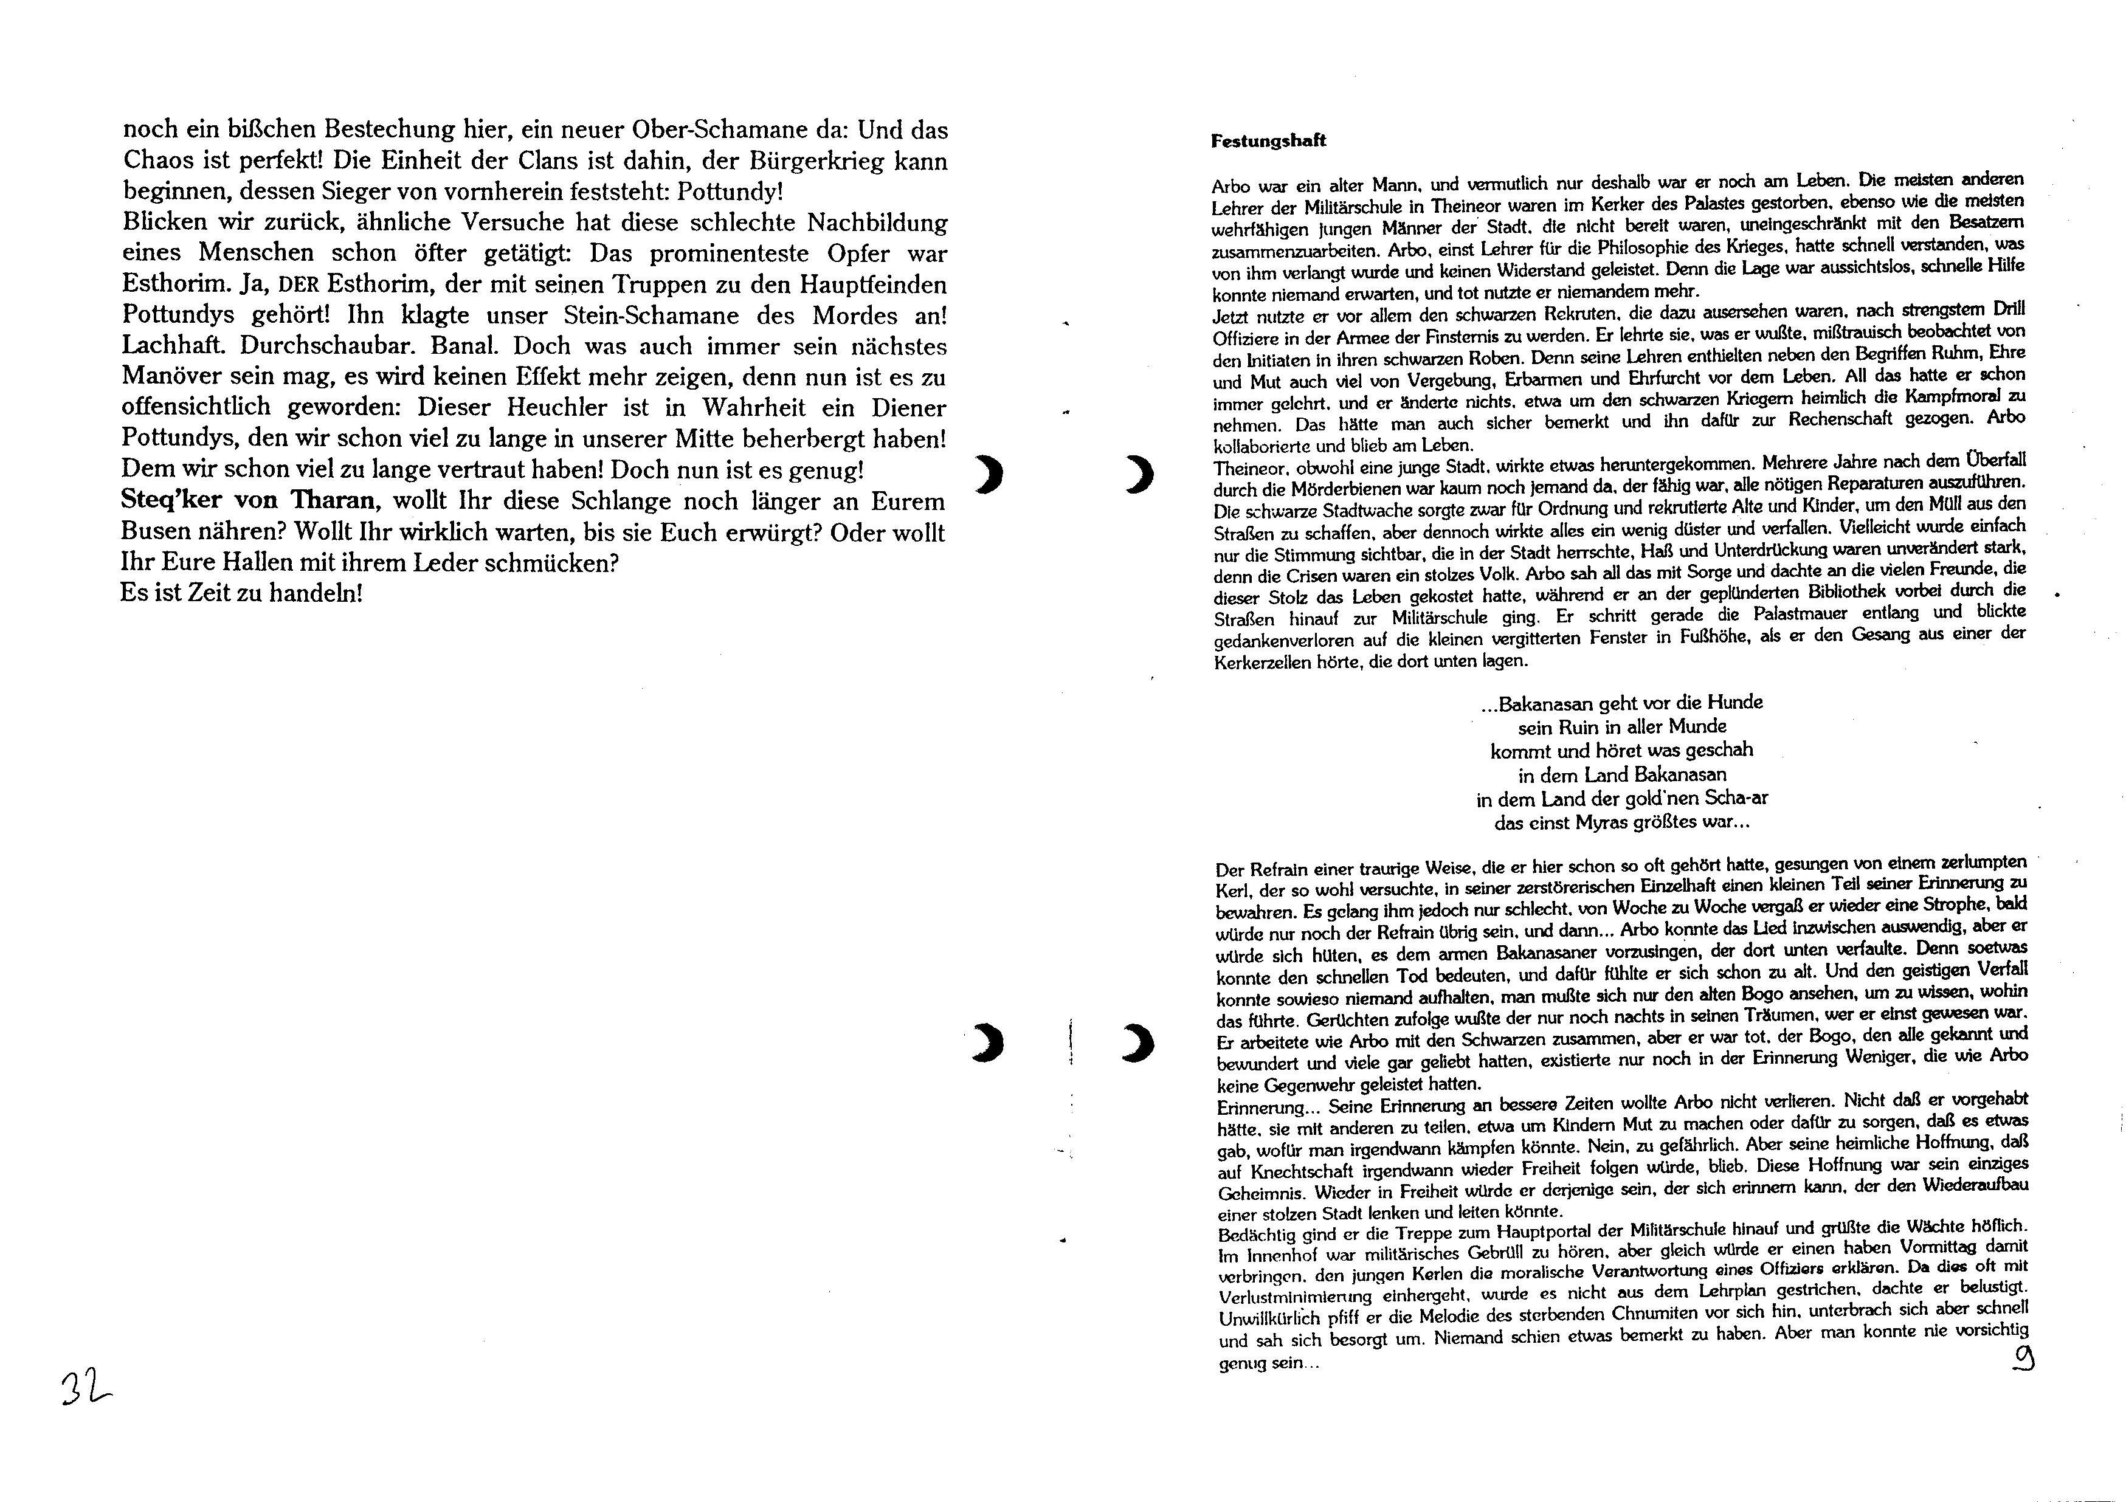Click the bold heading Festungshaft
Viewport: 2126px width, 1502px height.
pyautogui.click(x=1269, y=141)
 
